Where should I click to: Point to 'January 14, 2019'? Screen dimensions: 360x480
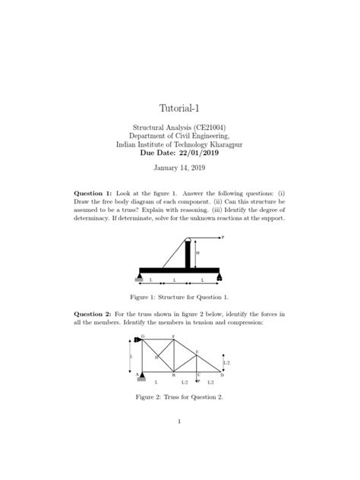tap(179, 168)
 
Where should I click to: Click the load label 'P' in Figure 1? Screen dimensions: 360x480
tap(223, 237)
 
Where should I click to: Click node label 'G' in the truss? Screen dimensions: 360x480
tap(143, 336)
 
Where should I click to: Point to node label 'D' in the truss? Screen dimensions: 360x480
tap(223, 374)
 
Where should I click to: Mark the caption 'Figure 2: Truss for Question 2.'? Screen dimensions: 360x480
tap(179, 396)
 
